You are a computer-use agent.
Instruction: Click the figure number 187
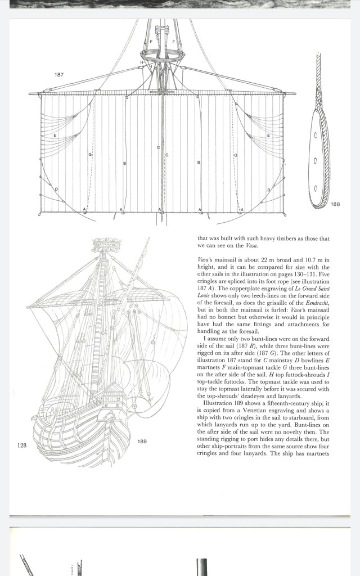[x=59, y=75]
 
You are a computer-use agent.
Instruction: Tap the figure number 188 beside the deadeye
[x=335, y=204]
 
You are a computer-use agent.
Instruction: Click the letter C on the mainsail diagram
[x=158, y=147]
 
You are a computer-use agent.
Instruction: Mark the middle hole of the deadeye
[x=315, y=160]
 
